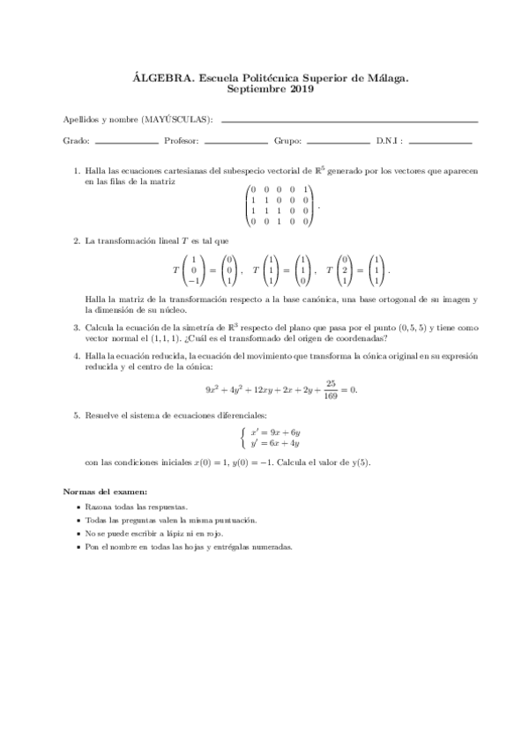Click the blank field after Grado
[126, 141]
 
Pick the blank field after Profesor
[235, 141]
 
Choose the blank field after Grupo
[339, 141]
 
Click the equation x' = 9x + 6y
[276, 433]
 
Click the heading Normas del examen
[106, 490]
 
